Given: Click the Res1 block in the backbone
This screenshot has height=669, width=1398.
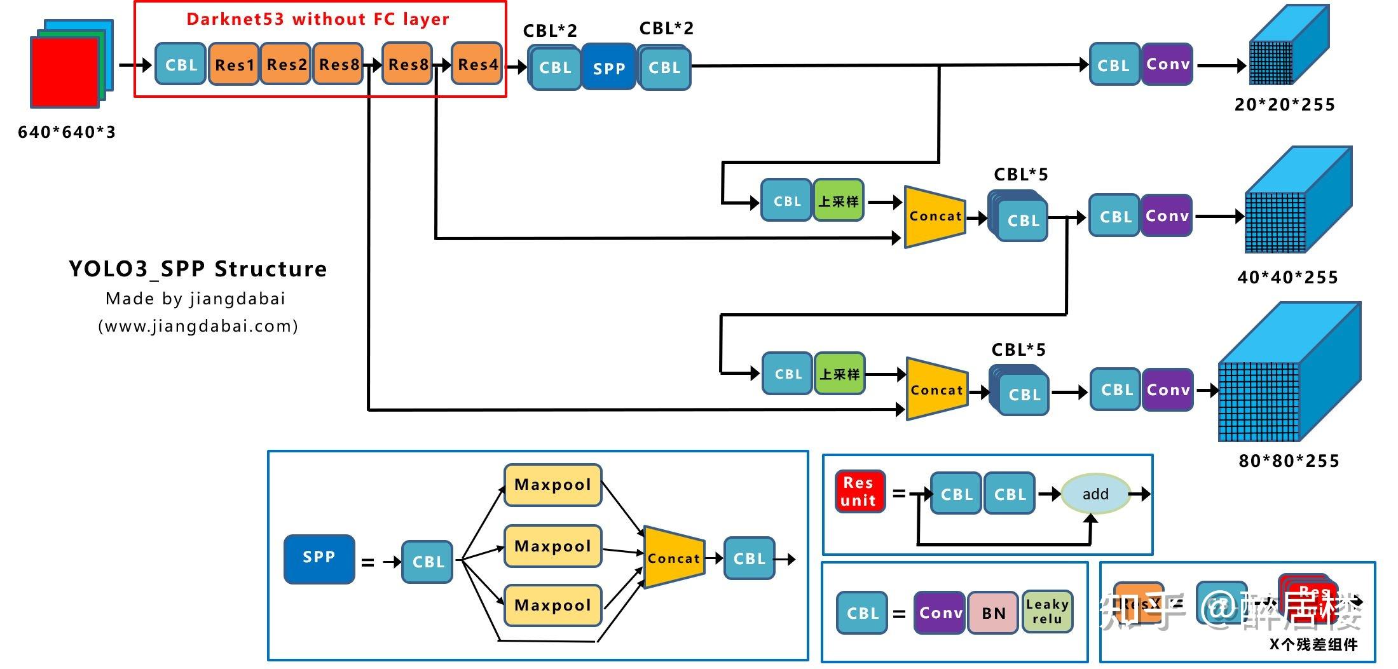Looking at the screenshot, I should tap(234, 64).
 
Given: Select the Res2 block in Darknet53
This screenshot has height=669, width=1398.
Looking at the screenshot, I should tap(286, 64).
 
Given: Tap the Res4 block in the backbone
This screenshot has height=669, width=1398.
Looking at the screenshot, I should tap(477, 64).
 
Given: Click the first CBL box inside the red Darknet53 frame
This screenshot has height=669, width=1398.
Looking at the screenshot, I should tap(181, 64).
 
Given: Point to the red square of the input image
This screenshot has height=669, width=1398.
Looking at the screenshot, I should tap(64, 72).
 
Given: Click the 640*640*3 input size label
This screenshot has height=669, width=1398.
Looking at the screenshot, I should tap(67, 132).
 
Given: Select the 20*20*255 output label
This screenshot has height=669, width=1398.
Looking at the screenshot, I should tap(1284, 105).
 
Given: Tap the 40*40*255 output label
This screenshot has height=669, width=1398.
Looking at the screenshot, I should tap(1287, 278).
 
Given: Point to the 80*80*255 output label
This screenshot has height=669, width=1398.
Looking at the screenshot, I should tap(1289, 461).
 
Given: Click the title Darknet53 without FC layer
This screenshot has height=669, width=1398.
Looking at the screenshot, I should tap(318, 19).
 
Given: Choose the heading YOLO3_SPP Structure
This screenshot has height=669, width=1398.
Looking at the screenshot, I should tap(198, 269).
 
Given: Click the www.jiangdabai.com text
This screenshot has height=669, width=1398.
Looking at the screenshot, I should tap(198, 327).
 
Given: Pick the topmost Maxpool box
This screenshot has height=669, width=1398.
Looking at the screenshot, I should tap(552, 485).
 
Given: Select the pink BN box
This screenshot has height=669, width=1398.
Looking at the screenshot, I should tap(993, 613).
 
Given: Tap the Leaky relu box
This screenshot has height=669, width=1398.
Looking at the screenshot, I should tap(1047, 612).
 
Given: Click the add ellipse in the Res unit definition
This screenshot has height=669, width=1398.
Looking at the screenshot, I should tap(1095, 494).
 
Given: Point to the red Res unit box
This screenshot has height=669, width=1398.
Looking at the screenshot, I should tap(859, 492).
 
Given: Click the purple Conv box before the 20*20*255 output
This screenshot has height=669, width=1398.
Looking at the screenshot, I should tap(1167, 64).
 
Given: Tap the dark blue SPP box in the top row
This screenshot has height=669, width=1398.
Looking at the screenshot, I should tap(608, 67).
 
